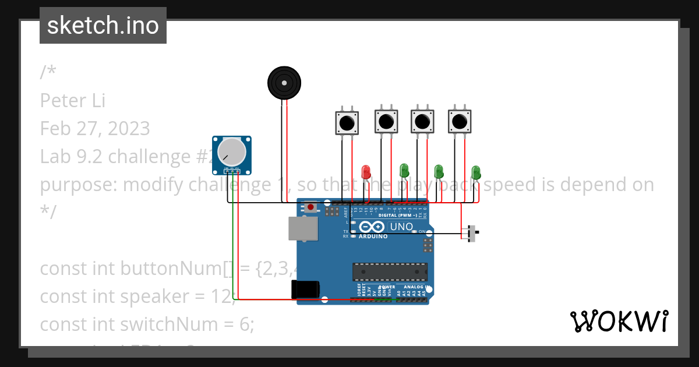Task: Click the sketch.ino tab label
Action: (103, 26)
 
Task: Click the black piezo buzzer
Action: (284, 83)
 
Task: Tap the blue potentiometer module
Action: (232, 154)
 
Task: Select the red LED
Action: (366, 172)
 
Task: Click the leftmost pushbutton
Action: (347, 123)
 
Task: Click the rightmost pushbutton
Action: (460, 122)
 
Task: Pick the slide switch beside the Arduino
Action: (472, 233)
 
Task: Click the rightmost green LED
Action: (476, 172)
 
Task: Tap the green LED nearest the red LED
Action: (404, 171)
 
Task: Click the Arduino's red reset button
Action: (312, 207)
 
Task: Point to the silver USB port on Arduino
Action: (303, 228)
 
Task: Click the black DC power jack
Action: (306, 290)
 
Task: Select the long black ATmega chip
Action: (389, 271)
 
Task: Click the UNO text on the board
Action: (401, 227)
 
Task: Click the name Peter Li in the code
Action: (73, 100)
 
